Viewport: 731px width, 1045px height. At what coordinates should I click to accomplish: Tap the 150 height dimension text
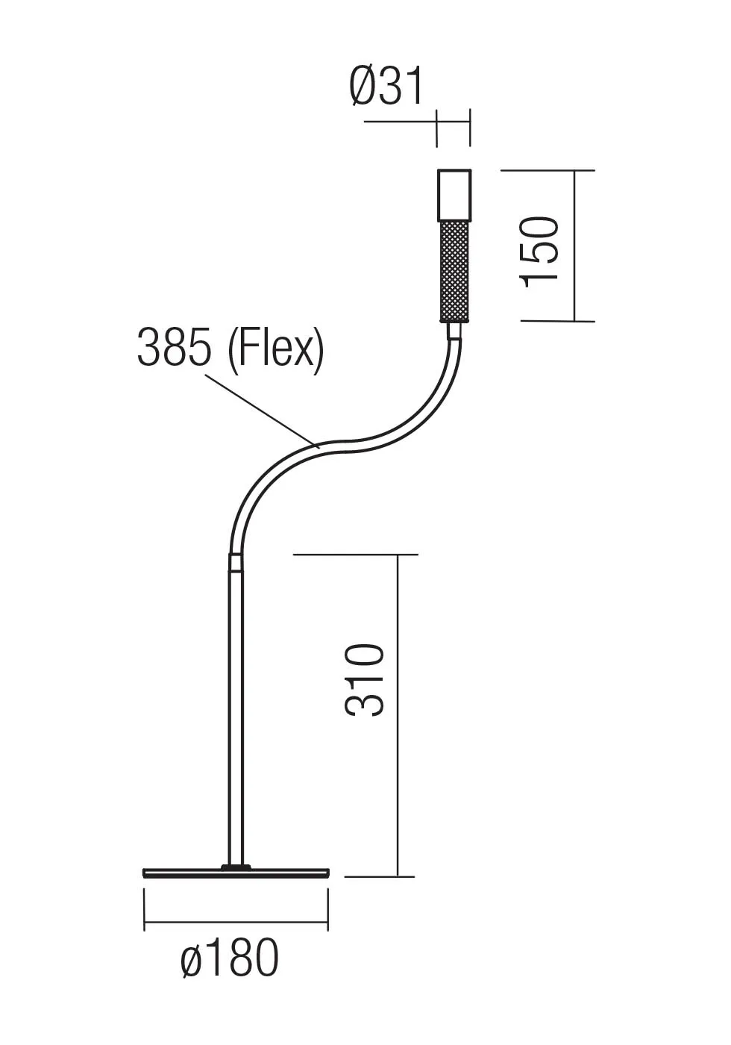pos(541,249)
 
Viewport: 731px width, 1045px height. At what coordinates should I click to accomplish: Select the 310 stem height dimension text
pos(365,679)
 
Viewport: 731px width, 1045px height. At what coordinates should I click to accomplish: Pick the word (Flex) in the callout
pos(276,349)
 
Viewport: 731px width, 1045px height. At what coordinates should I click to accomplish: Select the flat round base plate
pos(236,873)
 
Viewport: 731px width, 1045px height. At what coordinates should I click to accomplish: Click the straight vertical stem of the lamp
pos(236,717)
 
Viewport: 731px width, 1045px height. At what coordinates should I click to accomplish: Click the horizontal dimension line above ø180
pos(236,923)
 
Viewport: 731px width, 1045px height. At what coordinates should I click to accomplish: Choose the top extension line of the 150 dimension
pos(548,170)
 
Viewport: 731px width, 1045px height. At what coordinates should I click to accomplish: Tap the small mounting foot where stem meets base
pos(236,866)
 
